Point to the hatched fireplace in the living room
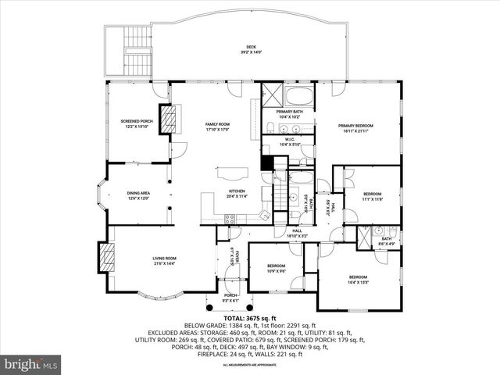[x=105, y=255]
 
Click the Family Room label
[x=217, y=127]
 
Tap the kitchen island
[x=231, y=172]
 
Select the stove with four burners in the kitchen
[x=231, y=220]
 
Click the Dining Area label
[x=138, y=195]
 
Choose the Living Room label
[x=164, y=260]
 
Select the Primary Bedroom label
[x=355, y=127]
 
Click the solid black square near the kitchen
[x=267, y=162]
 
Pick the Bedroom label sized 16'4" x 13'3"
[x=358, y=279]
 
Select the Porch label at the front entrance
[x=230, y=297]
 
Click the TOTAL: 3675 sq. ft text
[x=249, y=319]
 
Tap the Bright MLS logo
[x=31, y=364]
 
